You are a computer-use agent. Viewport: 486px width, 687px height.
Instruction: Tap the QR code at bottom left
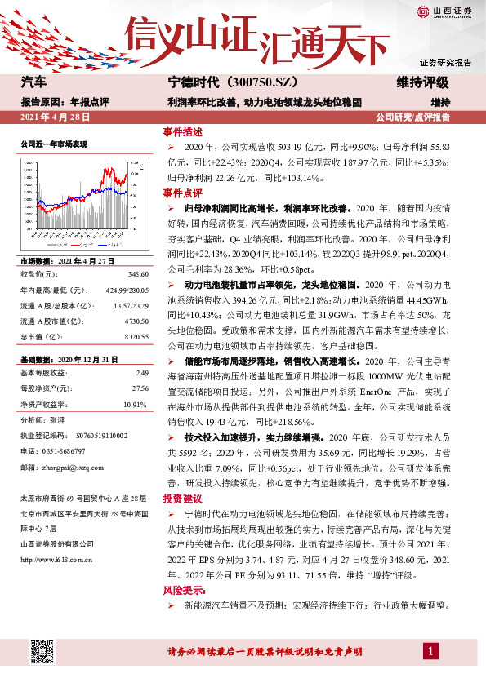point(44,654)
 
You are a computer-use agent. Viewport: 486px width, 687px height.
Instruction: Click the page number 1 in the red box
point(430,650)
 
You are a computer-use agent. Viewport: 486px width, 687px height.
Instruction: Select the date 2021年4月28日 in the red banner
point(55,117)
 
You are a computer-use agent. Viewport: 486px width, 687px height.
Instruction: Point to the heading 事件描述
point(182,132)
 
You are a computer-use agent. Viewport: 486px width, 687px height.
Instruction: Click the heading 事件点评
point(182,193)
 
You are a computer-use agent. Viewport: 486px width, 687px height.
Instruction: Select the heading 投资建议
point(182,498)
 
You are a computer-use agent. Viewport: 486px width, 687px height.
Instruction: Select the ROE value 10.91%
point(134,404)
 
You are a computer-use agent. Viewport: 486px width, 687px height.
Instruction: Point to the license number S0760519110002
point(91,437)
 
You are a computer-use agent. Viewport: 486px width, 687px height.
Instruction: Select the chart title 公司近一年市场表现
point(54,143)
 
